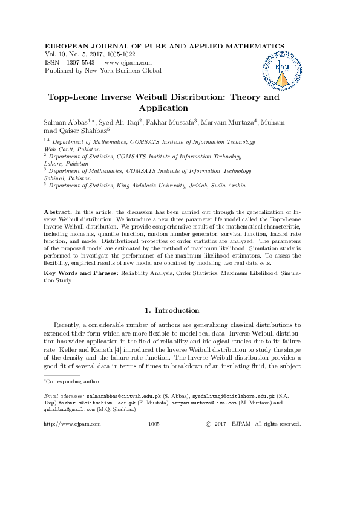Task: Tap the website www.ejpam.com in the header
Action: coord(128,62)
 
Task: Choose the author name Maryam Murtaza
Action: coord(229,122)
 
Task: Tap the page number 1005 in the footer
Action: coord(154,424)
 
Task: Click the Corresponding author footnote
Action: coord(74,381)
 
